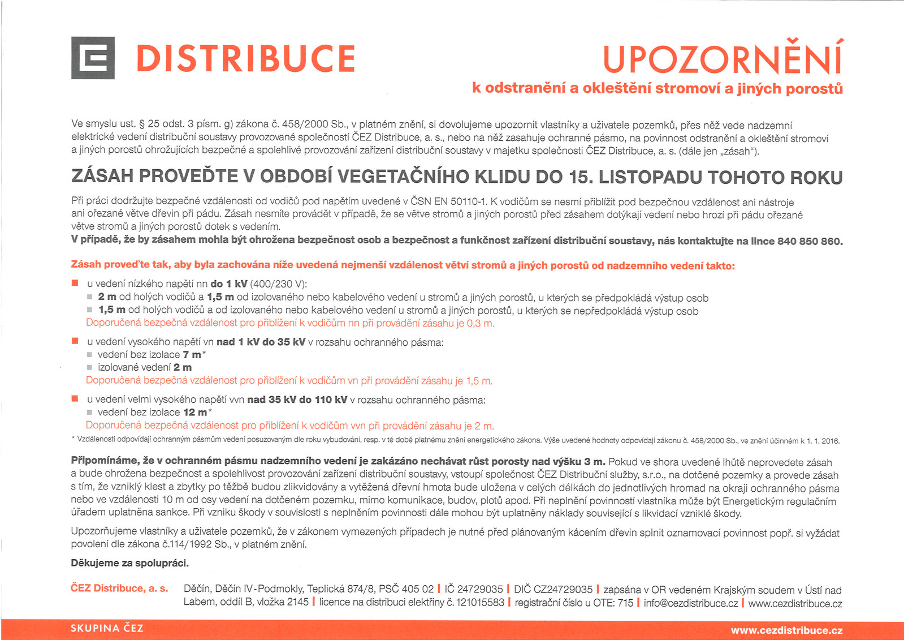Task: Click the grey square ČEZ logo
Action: (x=93, y=58)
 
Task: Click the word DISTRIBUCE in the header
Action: (x=245, y=59)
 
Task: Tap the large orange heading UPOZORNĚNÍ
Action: (x=723, y=58)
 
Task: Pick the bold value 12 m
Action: (x=195, y=413)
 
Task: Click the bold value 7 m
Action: (x=192, y=355)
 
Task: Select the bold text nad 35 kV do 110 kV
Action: (x=297, y=400)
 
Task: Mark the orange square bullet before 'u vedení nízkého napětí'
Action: (x=75, y=283)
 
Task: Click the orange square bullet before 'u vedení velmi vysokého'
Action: (x=75, y=399)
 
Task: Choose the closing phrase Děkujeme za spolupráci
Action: (x=129, y=563)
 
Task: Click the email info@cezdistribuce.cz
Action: (x=690, y=603)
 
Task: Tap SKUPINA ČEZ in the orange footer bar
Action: (x=107, y=628)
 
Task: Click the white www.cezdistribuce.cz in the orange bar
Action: (x=786, y=630)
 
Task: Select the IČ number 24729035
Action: (x=479, y=590)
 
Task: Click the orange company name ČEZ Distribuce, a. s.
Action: (x=119, y=589)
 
